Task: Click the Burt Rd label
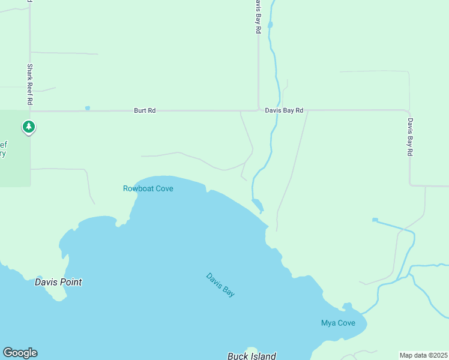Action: (x=145, y=110)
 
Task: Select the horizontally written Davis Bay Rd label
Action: (x=284, y=110)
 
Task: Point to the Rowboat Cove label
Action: (x=148, y=188)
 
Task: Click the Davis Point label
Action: (x=58, y=282)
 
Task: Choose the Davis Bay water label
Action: (x=220, y=285)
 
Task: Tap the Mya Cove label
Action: (x=338, y=323)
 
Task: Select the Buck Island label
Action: (x=252, y=356)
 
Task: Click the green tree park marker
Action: (x=28, y=127)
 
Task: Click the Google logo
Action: (x=20, y=353)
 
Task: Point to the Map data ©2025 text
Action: (x=424, y=355)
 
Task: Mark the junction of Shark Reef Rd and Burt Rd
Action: (x=30, y=110)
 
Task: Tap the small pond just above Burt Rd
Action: (x=88, y=108)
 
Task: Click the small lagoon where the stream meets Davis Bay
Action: (x=258, y=205)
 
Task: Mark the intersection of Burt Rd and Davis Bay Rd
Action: (x=258, y=110)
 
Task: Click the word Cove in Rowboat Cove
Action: (x=163, y=188)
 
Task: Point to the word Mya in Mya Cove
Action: (x=328, y=323)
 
